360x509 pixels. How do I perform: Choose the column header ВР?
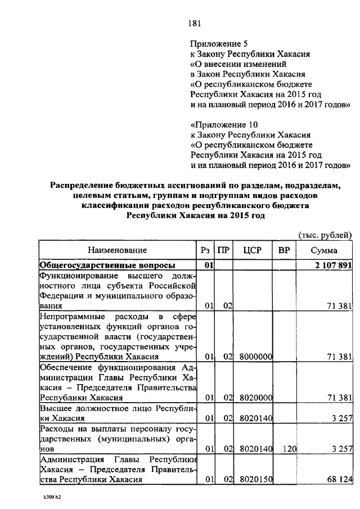(284, 250)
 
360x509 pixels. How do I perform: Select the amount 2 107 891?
(331, 265)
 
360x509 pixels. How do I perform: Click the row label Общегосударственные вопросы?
(106, 265)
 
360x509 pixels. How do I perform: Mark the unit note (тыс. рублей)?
(324, 235)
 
